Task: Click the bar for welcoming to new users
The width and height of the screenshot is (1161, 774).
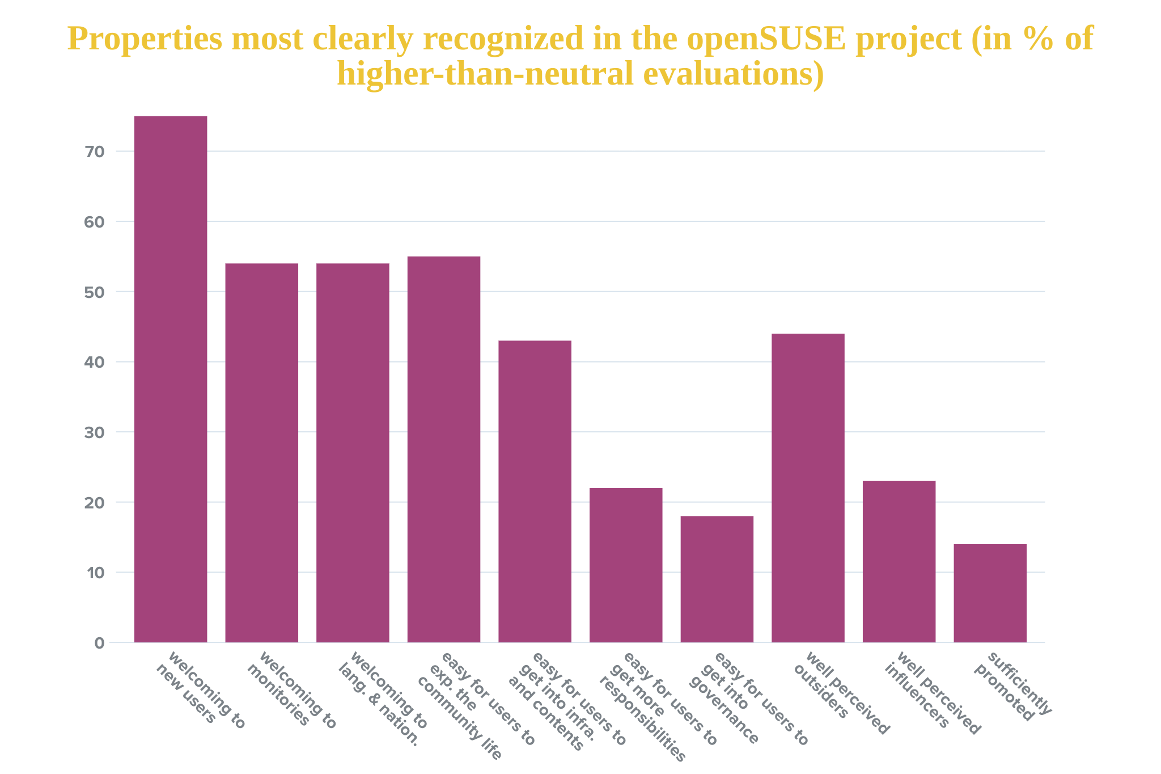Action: pos(170,379)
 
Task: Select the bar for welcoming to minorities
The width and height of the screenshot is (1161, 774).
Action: pos(261,453)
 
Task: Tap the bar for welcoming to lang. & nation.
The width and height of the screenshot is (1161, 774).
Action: pos(353,453)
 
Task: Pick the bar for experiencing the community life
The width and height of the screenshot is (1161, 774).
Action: pos(443,449)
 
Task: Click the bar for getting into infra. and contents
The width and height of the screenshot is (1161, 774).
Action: pos(535,491)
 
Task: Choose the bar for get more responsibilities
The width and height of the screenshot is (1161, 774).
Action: pos(626,565)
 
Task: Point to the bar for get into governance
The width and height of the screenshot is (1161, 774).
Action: pos(717,579)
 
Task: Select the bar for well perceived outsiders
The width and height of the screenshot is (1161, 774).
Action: pos(808,488)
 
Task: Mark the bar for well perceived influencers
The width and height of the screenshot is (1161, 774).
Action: pos(899,562)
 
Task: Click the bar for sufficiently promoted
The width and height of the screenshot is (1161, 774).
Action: pos(990,593)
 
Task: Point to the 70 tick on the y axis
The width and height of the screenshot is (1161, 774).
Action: pos(95,152)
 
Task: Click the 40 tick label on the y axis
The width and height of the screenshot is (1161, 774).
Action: pos(95,362)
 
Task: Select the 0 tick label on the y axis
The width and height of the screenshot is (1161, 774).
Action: pos(100,643)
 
